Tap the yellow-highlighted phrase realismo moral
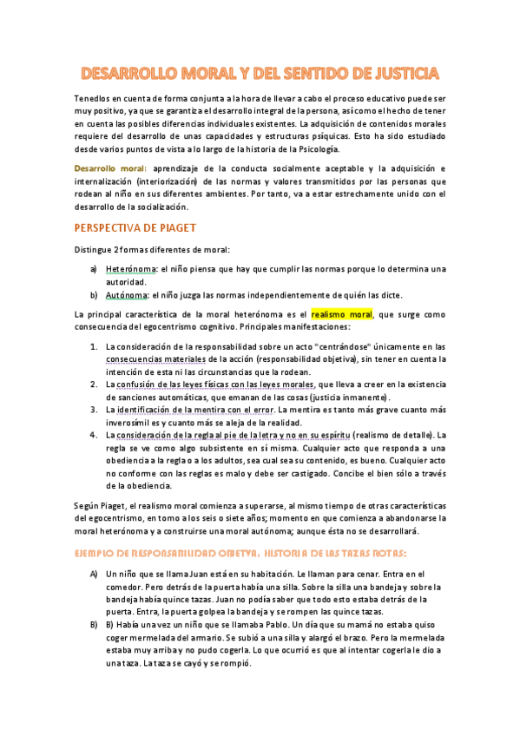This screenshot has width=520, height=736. (x=341, y=313)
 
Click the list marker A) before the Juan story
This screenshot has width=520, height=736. (x=94, y=574)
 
